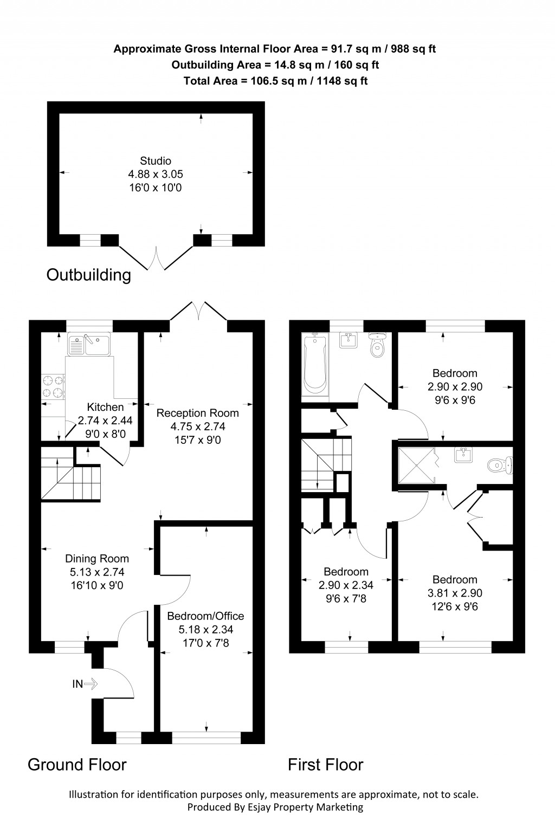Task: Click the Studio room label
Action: pyautogui.click(x=156, y=161)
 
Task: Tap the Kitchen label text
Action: pyautogui.click(x=105, y=407)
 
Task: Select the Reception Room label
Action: pyautogui.click(x=197, y=413)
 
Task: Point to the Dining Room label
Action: pyautogui.click(x=97, y=559)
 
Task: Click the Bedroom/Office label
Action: pyautogui.click(x=205, y=616)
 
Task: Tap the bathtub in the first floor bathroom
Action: pyautogui.click(x=315, y=364)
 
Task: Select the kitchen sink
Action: pyautogui.click(x=89, y=344)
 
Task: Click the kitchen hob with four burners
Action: pyautogui.click(x=53, y=386)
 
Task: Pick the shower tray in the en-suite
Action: pyautogui.click(x=416, y=465)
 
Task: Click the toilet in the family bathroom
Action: pyautogui.click(x=377, y=345)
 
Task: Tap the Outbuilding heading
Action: pyautogui.click(x=89, y=275)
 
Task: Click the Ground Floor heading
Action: pyautogui.click(x=77, y=765)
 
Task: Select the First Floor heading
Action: pyautogui.click(x=325, y=765)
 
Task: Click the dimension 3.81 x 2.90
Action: pyautogui.click(x=455, y=593)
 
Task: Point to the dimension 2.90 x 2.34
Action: pyautogui.click(x=346, y=585)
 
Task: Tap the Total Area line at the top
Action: pyautogui.click(x=275, y=81)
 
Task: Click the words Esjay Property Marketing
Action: pyautogui.click(x=300, y=807)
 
